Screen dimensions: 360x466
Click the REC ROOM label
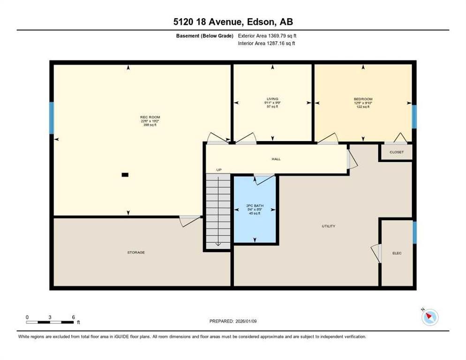click(147, 117)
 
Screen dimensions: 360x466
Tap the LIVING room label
click(272, 99)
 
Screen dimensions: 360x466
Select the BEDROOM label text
click(363, 99)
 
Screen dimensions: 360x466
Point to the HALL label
click(276, 159)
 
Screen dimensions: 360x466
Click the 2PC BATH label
click(254, 205)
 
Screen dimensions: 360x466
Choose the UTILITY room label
click(328, 226)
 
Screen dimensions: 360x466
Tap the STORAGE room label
click(136, 253)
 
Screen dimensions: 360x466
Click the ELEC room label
click(397, 253)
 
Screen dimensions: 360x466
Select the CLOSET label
click(396, 152)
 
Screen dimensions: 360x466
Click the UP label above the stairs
click(218, 170)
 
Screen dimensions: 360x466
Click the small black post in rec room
click(125, 175)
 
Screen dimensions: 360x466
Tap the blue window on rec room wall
click(52, 118)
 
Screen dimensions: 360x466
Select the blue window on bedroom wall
click(414, 116)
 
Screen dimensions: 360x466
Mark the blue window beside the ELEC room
click(414, 232)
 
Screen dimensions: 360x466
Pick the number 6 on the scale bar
click(73, 317)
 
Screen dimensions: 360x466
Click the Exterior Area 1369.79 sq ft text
click(267, 35)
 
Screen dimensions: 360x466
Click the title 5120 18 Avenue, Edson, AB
click(233, 22)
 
